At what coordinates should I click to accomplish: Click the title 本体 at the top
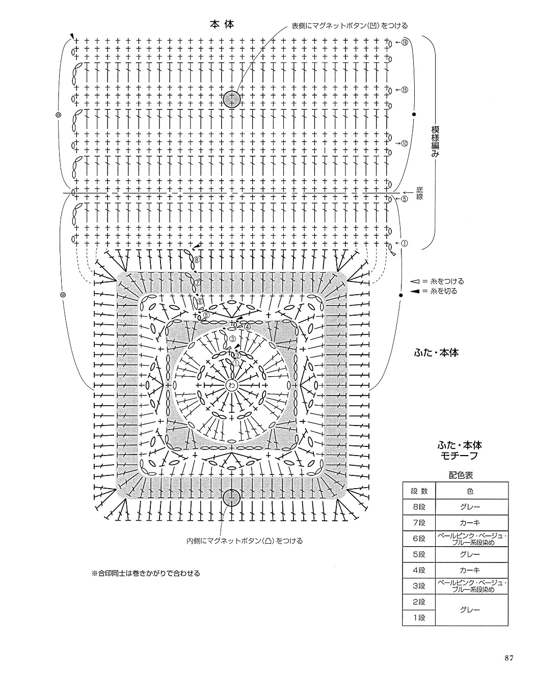pos(222,24)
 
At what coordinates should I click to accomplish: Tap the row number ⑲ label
pos(405,42)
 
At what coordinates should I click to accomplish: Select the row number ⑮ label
pos(405,90)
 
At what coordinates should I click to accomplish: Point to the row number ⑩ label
pos(405,143)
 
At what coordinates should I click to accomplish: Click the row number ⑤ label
pos(405,199)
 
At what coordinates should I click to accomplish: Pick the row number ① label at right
pos(405,243)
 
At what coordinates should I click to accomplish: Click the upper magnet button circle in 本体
pos(231,98)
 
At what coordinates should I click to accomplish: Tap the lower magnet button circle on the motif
pos(231,497)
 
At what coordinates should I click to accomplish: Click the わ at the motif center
pos(231,385)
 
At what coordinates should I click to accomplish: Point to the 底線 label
pos(419,193)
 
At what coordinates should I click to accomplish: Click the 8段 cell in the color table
pos(419,507)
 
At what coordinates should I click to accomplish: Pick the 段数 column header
pos(419,491)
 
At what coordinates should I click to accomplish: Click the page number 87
pos(509,658)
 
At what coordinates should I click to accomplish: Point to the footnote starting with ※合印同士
pos(146,573)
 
